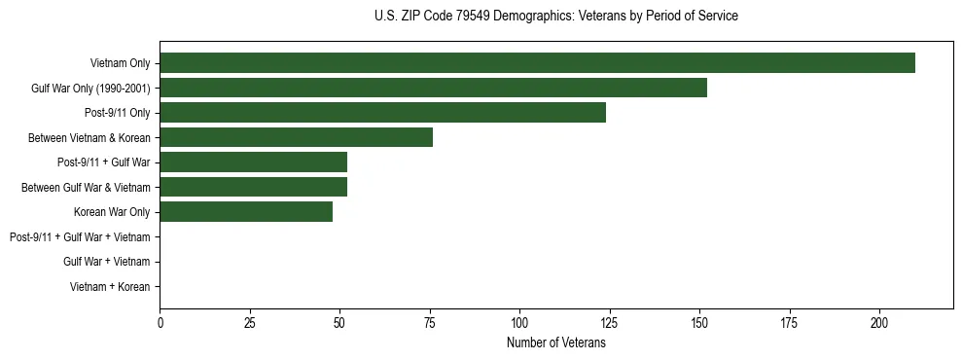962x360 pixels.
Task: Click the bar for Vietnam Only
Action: (x=537, y=63)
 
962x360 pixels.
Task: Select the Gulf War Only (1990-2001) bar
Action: (x=433, y=88)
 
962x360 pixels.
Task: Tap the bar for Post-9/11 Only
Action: (x=383, y=113)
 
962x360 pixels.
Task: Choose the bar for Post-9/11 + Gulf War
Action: (x=254, y=162)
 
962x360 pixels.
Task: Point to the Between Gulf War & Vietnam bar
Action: (x=254, y=187)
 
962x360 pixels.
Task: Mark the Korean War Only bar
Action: (x=246, y=212)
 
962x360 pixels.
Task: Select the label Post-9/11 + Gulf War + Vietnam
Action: (x=80, y=237)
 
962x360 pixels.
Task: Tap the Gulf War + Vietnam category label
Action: (x=106, y=262)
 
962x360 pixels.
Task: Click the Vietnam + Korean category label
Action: (x=110, y=287)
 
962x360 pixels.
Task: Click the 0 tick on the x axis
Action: (x=160, y=322)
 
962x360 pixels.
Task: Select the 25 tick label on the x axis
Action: (x=250, y=322)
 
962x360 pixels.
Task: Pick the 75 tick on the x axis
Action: (x=430, y=322)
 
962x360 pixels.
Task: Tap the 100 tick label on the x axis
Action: (x=519, y=322)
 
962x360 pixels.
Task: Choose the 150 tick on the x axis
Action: (x=699, y=322)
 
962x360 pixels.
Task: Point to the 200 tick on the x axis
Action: (x=879, y=322)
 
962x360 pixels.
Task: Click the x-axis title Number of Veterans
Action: (x=556, y=342)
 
